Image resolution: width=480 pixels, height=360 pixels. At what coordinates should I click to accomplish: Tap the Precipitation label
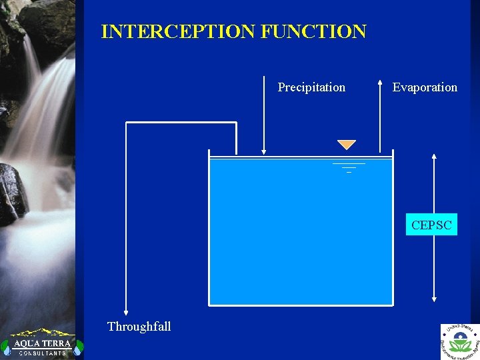pos(311,87)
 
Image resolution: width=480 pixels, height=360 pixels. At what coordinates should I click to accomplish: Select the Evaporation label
pos(425,87)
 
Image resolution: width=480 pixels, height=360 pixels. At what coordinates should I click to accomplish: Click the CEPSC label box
pos(431,225)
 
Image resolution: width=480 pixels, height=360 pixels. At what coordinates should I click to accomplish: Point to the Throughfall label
pos(139,326)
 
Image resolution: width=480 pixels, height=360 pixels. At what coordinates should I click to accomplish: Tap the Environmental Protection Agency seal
pos(459,341)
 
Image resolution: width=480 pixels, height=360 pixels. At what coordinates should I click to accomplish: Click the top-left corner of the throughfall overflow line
pos(127,123)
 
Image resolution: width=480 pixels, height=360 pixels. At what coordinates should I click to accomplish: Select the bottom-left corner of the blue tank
pos(210,305)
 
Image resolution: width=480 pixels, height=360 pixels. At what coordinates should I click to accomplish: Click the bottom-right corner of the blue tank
pos(392,305)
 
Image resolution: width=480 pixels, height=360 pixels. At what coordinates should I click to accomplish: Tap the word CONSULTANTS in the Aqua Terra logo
pos(42,353)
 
